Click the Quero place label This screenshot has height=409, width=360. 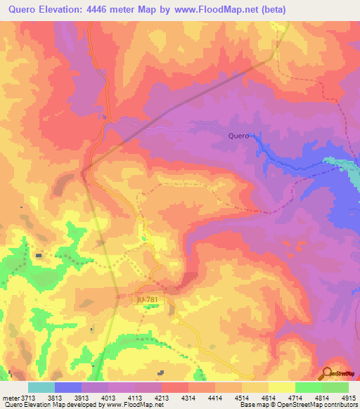(x=239, y=136)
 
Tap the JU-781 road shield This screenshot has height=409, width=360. (x=148, y=299)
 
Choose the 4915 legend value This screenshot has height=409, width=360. (x=348, y=398)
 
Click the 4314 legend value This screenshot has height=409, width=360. (x=188, y=398)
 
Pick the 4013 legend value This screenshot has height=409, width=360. (x=108, y=398)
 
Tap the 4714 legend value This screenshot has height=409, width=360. (x=295, y=398)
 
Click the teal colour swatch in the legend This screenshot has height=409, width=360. (x=41, y=387)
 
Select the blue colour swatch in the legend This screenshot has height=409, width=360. (x=68, y=387)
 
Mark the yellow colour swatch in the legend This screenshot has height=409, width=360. (x=282, y=387)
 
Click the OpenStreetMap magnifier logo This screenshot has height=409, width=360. (x=326, y=374)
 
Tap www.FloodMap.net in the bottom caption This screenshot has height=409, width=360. (x=131, y=405)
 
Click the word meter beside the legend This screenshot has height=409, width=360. (x=11, y=398)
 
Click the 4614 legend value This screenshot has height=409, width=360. (x=269, y=398)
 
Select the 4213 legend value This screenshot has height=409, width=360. (x=162, y=398)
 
